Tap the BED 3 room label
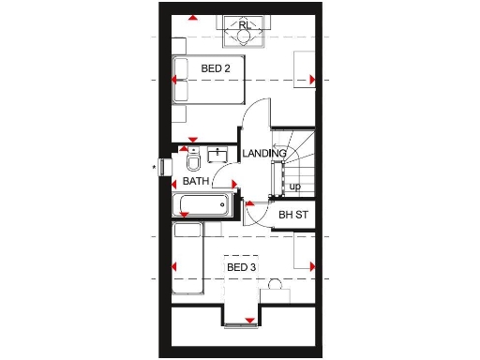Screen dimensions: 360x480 coord(241,267)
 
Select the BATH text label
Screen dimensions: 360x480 coord(196,181)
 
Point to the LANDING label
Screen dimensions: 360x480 coord(263,154)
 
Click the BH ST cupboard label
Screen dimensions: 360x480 coord(293,216)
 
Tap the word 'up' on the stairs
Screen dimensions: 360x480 coord(294,187)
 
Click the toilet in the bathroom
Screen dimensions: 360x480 coord(193,160)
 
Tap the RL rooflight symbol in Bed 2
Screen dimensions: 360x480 coord(245,32)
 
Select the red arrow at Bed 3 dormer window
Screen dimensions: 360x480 coord(249,321)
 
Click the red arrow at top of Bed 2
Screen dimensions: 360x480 coord(192,18)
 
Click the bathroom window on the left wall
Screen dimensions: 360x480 coord(167,168)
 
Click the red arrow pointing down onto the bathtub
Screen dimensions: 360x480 coord(185,216)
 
